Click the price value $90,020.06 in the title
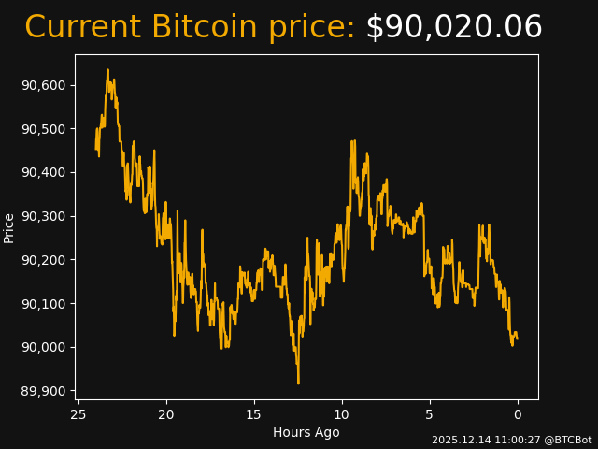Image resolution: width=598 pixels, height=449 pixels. [453, 27]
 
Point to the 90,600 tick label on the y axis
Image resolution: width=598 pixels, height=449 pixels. [43, 85]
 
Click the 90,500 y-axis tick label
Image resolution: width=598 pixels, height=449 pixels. [43, 129]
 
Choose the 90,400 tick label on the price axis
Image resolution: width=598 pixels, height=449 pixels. [43, 172]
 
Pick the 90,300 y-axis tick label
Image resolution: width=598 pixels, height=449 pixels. [43, 216]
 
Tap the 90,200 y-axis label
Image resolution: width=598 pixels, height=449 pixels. [43, 260]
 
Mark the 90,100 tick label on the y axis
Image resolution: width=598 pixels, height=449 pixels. [43, 304]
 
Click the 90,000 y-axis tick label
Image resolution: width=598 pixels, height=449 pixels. [43, 347]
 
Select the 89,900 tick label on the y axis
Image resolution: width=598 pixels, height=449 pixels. [43, 391]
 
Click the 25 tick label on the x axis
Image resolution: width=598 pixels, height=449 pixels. [78, 413]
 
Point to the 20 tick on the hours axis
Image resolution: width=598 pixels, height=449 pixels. [166, 413]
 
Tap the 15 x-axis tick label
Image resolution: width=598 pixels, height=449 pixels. [254, 413]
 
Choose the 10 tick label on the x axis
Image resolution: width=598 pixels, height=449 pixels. [342, 413]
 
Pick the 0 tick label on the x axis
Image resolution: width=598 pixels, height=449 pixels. [518, 413]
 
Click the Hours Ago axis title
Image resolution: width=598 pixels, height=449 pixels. [306, 432]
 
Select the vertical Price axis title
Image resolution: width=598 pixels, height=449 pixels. [9, 227]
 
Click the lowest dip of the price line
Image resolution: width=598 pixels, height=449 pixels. [298, 382]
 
